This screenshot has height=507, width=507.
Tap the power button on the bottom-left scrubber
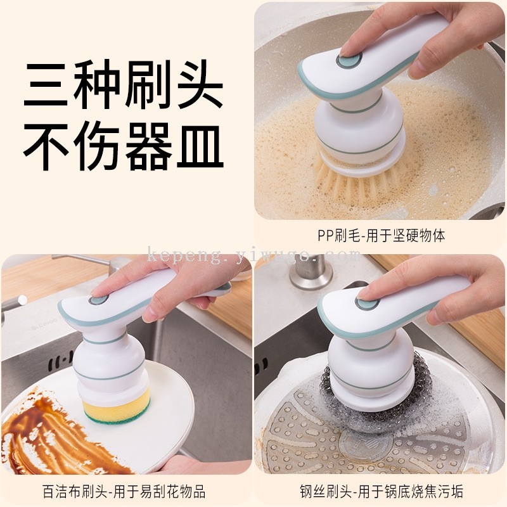click(98, 300)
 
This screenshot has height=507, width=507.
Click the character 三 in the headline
click(45, 85)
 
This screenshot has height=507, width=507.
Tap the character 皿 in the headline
click(200, 146)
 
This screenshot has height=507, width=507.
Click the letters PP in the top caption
click(326, 235)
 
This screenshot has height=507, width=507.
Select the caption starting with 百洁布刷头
click(124, 492)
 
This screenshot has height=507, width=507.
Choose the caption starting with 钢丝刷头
click(382, 492)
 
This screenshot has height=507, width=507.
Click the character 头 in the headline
click(200, 85)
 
